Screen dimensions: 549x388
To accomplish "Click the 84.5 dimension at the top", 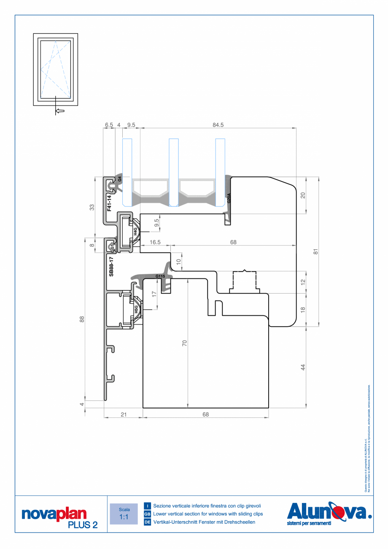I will click(218, 124).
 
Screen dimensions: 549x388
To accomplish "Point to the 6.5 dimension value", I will click(109, 124).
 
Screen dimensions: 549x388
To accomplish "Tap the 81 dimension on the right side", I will click(315, 252).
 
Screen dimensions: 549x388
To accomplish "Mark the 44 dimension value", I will click(302, 367).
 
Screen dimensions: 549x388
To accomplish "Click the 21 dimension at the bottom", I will click(124, 414).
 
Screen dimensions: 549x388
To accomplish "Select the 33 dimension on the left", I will click(92, 207).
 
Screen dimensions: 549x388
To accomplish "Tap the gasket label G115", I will click(160, 276).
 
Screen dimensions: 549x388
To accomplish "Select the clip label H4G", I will click(135, 232).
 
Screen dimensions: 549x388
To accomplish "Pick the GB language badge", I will click(148, 514).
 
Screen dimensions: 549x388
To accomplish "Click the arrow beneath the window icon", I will click(60, 111).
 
